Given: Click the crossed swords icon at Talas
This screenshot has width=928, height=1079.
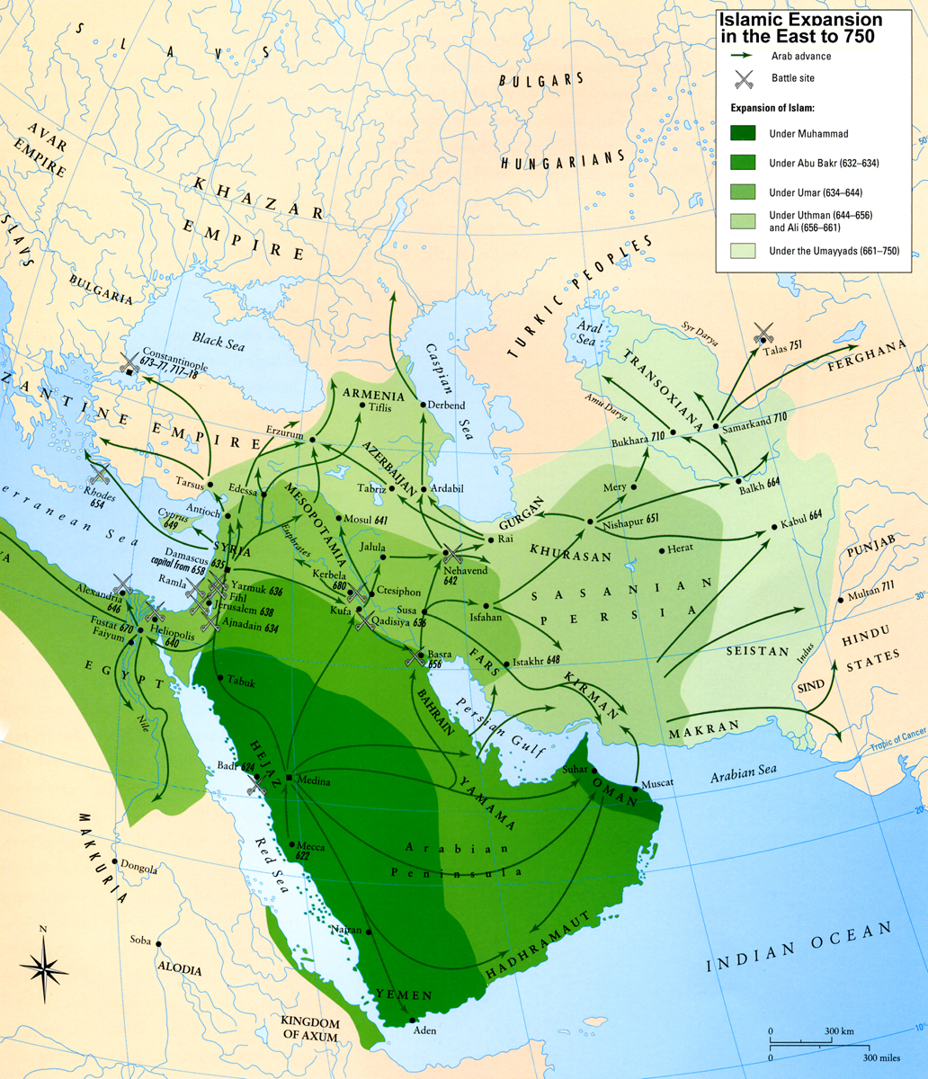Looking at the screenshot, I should pos(763,334).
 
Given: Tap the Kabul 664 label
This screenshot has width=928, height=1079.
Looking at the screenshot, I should pos(802,519).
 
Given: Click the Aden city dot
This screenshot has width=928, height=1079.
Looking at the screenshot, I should pos(412,1020).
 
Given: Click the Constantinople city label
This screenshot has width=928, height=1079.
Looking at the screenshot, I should pos(174,352).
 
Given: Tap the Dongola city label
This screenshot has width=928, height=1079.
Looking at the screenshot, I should pos(138,869).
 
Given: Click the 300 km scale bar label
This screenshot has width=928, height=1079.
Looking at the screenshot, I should pos(839,1029).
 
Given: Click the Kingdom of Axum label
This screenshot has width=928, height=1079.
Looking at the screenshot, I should pos(310,1030).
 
